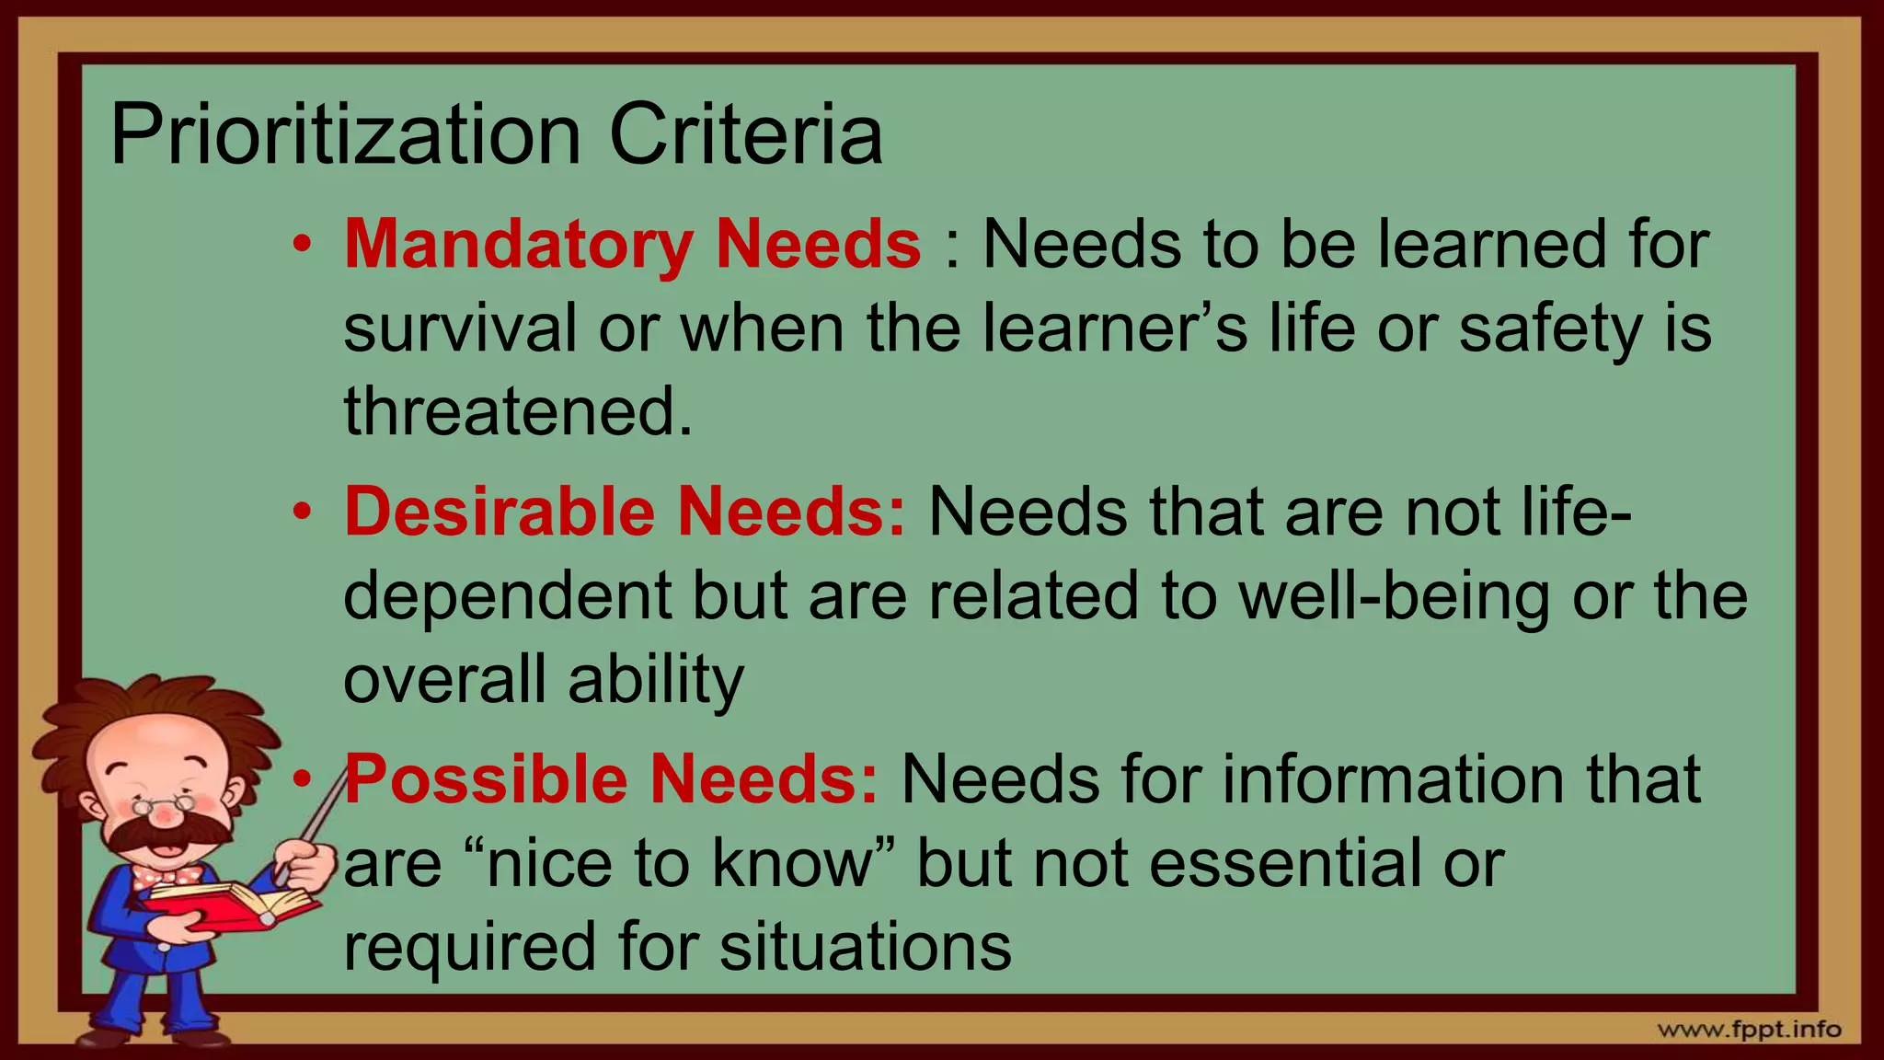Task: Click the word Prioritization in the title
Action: [x=345, y=136]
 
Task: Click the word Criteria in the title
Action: [x=745, y=136]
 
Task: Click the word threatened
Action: [x=518, y=411]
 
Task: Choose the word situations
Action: [x=865, y=947]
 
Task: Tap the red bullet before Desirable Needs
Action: [x=302, y=513]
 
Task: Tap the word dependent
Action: [x=507, y=595]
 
